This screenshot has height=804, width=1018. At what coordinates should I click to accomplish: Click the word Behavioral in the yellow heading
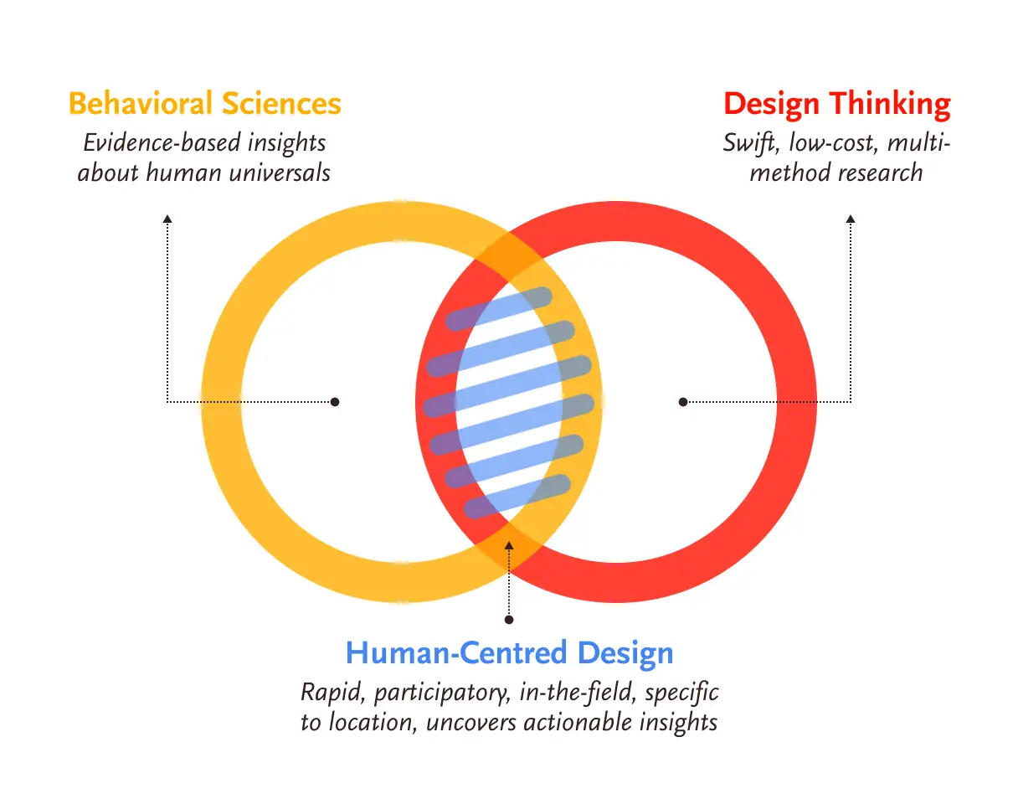(x=141, y=103)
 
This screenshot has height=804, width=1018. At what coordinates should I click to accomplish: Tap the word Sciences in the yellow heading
(x=281, y=103)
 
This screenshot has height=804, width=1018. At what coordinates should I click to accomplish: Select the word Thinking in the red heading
(x=890, y=105)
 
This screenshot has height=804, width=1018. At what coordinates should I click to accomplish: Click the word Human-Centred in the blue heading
(x=456, y=653)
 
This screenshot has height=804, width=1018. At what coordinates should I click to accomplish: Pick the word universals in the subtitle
(x=280, y=173)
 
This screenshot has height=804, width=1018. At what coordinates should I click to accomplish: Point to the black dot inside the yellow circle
(x=335, y=402)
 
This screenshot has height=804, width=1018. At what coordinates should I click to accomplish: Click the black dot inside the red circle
(x=682, y=402)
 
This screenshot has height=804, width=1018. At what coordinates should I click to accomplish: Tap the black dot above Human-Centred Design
(x=509, y=620)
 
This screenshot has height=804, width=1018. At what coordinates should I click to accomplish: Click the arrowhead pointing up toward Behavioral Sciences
(x=167, y=219)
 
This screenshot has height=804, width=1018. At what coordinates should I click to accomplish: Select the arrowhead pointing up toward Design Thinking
(x=851, y=219)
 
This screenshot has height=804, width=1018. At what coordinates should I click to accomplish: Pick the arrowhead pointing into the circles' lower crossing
(x=509, y=545)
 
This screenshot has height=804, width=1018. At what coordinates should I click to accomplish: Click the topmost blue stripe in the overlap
(x=499, y=309)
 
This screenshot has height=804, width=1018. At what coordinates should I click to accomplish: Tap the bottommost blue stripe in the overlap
(x=517, y=497)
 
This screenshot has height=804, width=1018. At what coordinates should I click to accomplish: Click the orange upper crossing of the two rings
(x=509, y=258)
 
